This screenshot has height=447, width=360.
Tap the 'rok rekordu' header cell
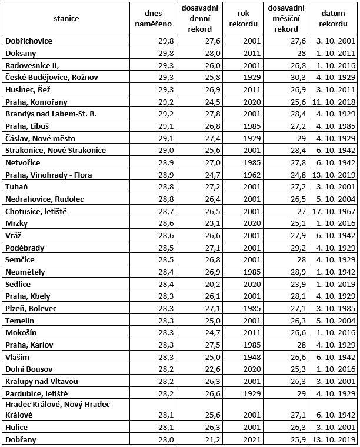(244, 18)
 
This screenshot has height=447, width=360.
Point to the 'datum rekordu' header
(334, 18)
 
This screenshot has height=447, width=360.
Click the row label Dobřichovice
(29, 41)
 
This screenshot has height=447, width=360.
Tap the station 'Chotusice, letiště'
(36, 211)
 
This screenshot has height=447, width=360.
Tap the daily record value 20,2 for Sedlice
(196, 284)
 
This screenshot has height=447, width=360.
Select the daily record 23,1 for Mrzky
(196, 223)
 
